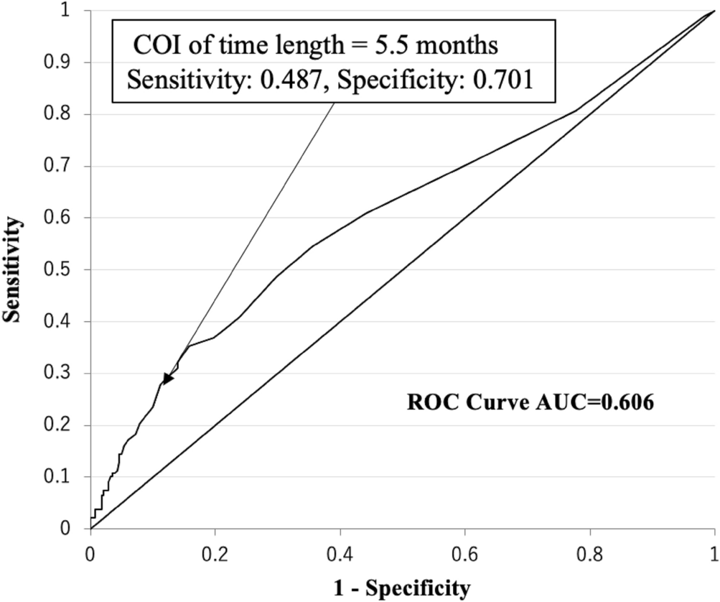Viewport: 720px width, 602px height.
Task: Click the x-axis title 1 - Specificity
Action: tap(403, 588)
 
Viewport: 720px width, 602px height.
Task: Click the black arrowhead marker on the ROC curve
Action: tap(168, 379)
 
